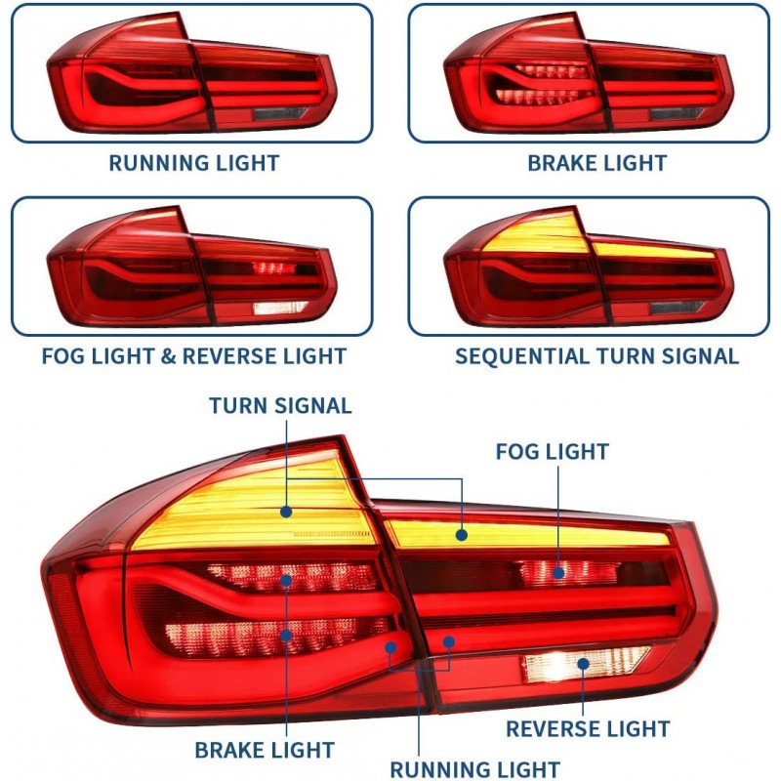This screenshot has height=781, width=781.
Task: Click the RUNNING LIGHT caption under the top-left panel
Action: tap(193, 163)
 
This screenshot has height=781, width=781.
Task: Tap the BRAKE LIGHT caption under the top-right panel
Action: tap(596, 163)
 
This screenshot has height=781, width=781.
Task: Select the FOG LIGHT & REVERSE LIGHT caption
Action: tap(193, 356)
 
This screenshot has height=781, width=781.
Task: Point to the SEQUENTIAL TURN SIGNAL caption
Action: tap(596, 356)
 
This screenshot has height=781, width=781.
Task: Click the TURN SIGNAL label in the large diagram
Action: tap(280, 405)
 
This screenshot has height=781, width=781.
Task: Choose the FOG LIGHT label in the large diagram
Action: tap(552, 452)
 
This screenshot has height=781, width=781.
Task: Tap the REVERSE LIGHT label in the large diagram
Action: tap(588, 729)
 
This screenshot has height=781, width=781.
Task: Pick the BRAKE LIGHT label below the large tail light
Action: tap(265, 751)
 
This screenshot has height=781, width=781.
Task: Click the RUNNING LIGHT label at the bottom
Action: tap(475, 769)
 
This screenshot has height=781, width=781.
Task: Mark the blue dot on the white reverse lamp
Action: tap(583, 664)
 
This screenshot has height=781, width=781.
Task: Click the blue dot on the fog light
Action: tap(558, 573)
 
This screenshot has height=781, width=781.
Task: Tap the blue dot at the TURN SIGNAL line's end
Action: tap(286, 511)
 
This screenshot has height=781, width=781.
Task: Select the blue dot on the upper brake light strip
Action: tap(287, 580)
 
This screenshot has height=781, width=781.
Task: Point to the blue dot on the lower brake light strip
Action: tap(287, 636)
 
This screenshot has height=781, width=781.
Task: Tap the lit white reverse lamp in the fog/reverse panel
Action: tap(281, 308)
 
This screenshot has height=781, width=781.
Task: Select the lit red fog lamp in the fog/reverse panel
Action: tap(274, 267)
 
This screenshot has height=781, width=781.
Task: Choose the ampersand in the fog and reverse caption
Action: tap(168, 356)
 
